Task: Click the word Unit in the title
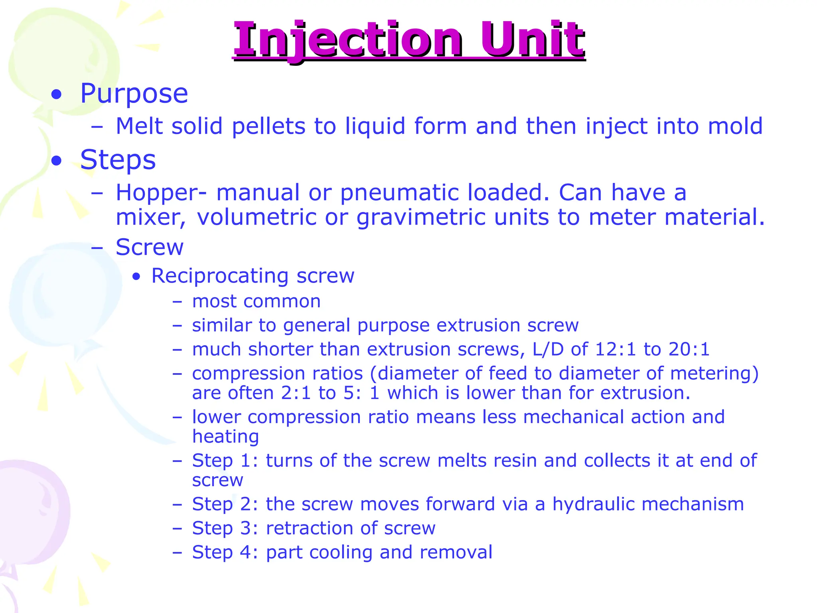click(532, 40)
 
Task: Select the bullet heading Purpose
click(134, 94)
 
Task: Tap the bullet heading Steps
click(118, 160)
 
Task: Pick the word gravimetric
click(420, 218)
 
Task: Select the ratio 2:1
click(296, 393)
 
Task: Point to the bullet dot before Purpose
click(57, 95)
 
